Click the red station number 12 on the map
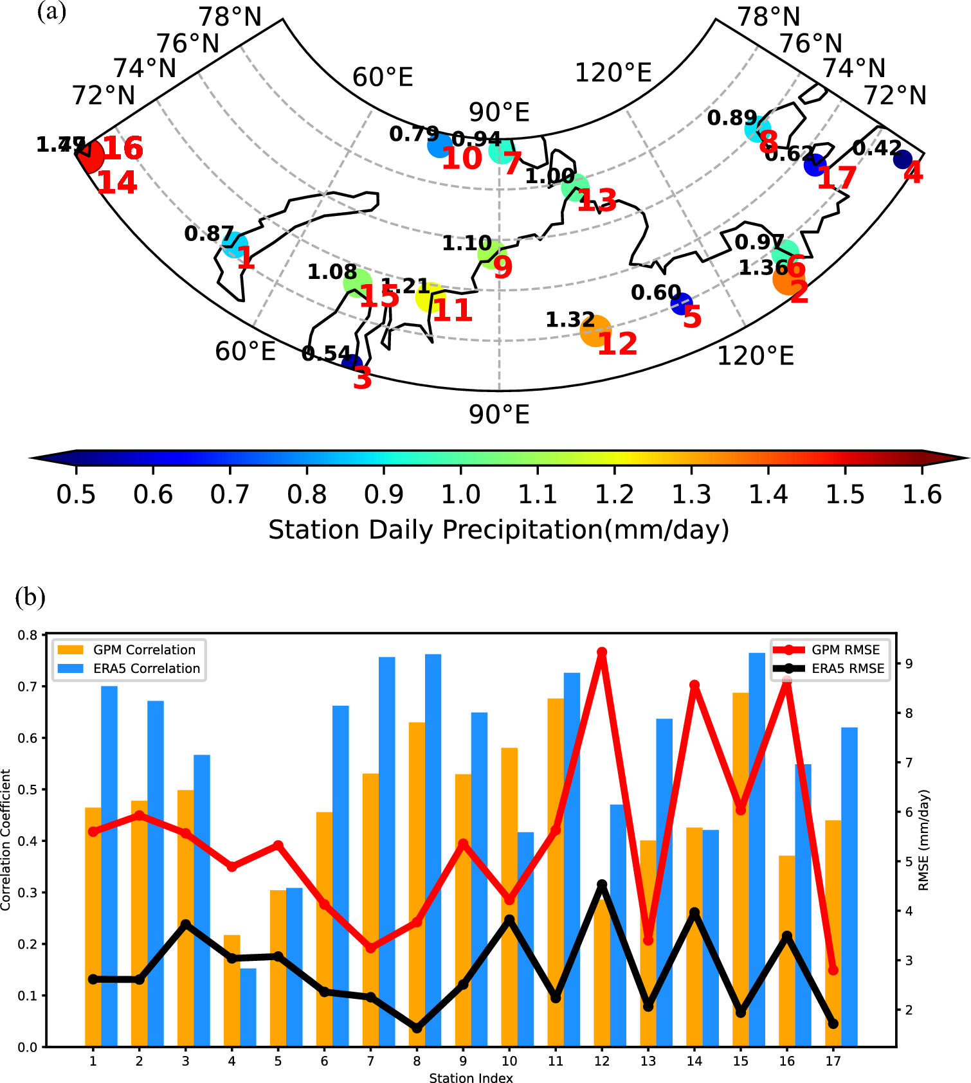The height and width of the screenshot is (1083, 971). tap(617, 344)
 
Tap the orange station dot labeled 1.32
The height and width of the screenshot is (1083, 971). tap(595, 330)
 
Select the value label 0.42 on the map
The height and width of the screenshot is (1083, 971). tap(877, 148)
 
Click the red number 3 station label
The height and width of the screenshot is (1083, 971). tap(363, 379)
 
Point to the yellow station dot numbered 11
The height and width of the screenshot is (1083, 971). tap(430, 297)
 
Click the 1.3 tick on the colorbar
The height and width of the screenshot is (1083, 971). tap(691, 494)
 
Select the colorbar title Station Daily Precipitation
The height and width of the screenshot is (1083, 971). tap(498, 530)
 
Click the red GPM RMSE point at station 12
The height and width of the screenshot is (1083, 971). tap(602, 652)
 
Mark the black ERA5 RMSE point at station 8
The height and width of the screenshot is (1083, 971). tap(417, 1028)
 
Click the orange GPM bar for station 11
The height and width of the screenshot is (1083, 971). tap(556, 868)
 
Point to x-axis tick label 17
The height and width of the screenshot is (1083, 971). tap(833, 1061)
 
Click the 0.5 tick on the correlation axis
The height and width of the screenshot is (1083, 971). tap(28, 790)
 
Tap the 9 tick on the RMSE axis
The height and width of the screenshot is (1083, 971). tap(909, 664)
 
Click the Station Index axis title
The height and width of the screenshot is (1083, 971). tap(471, 1078)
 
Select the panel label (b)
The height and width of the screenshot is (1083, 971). tap(30, 597)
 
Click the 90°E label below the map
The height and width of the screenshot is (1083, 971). tap(499, 415)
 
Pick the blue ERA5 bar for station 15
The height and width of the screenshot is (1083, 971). tap(757, 848)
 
